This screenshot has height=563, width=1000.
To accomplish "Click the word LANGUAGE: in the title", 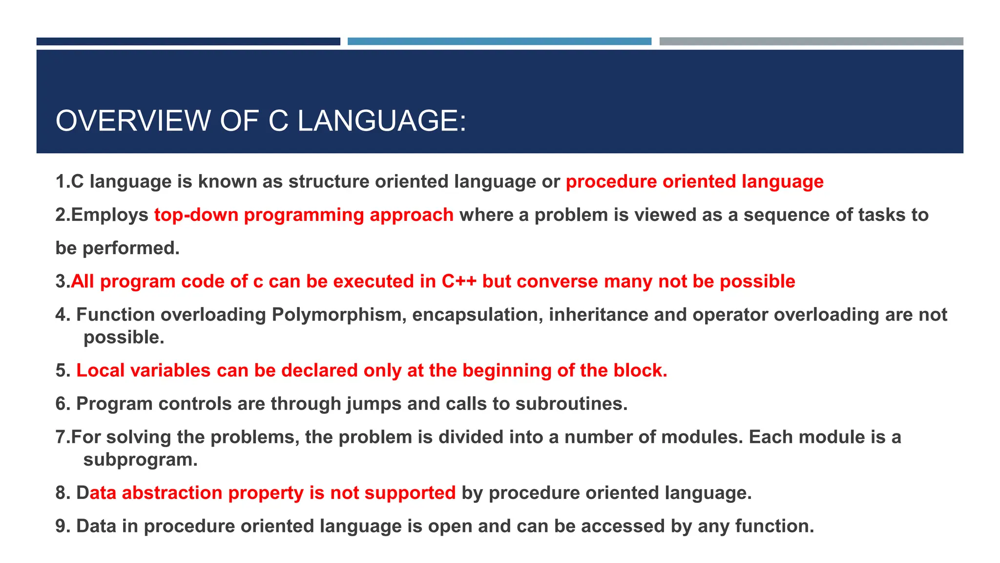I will pyautogui.click(x=382, y=121).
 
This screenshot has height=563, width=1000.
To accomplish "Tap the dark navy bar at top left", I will pyautogui.click(x=188, y=42).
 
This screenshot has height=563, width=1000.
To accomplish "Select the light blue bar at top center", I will pyautogui.click(x=499, y=42).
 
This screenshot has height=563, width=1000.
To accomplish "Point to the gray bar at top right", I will pyautogui.click(x=811, y=42).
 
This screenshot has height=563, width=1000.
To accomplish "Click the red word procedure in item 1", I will pyautogui.click(x=611, y=182).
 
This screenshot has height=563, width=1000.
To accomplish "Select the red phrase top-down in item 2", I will pyautogui.click(x=196, y=215).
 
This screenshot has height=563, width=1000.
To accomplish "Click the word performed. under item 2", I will pyautogui.click(x=131, y=248).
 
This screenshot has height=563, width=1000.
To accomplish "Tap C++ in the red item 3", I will pyautogui.click(x=459, y=281).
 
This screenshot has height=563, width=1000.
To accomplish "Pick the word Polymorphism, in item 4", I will pyautogui.click(x=339, y=315).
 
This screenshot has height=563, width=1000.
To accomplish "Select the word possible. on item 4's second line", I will pyautogui.click(x=124, y=337).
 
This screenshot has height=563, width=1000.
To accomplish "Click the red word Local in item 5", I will pyautogui.click(x=100, y=370).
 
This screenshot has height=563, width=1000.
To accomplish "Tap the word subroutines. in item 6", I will pyautogui.click(x=571, y=404).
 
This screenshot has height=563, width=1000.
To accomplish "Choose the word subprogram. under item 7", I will pyautogui.click(x=140, y=459).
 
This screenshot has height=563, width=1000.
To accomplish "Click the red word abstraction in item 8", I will pyautogui.click(x=172, y=493).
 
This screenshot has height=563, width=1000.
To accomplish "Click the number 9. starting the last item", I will pyautogui.click(x=63, y=526).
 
